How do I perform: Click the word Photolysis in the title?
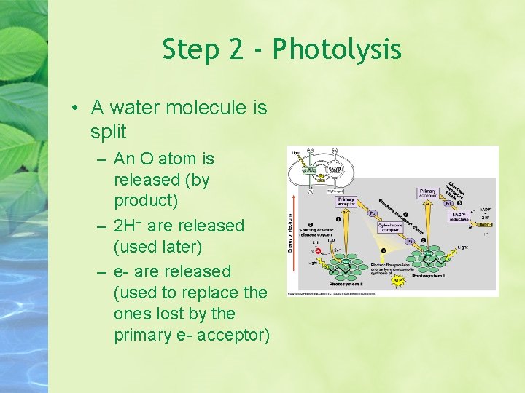[x=337, y=50]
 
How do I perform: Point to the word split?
[x=109, y=132]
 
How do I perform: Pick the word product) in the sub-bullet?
[x=146, y=200]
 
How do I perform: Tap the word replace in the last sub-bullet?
[x=211, y=293]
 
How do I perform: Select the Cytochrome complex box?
[x=390, y=228]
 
